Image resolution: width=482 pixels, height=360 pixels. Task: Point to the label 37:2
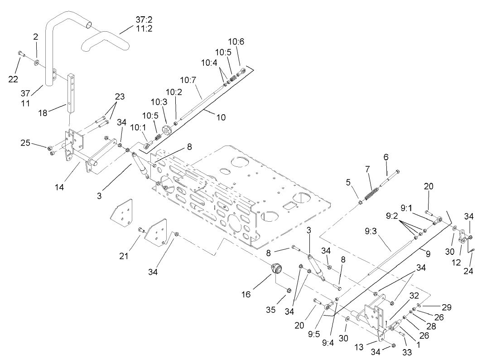tap(145, 19)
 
